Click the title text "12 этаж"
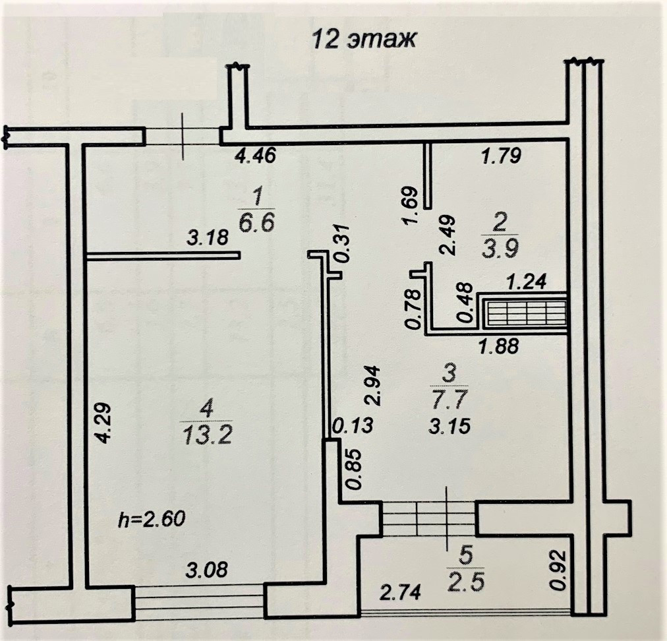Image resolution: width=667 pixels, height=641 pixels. [x=363, y=40]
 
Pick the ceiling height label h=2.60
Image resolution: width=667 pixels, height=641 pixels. [x=152, y=518]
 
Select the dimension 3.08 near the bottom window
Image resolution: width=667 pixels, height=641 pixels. [x=203, y=568]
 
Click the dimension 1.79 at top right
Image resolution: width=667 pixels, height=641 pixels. [x=502, y=156]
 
